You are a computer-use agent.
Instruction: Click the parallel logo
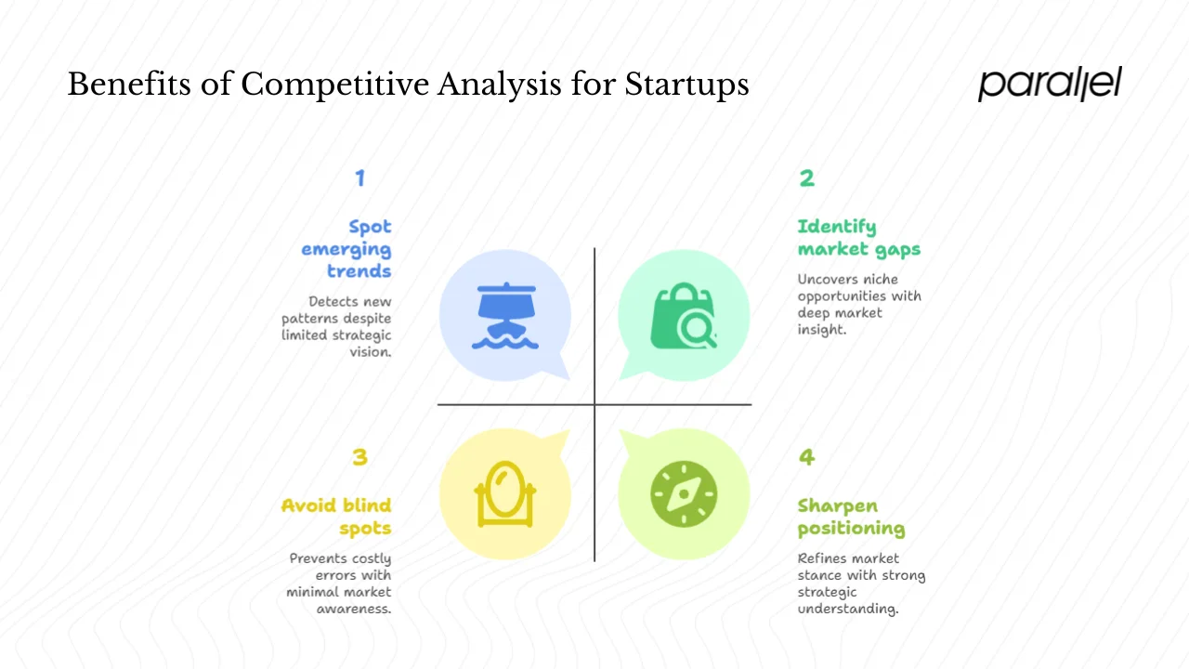coord(1050,84)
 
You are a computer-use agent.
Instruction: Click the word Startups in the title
coord(686,85)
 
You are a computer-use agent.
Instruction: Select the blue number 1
coord(360,177)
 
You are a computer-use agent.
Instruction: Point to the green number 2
coord(806,177)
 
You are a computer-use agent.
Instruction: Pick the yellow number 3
coord(360,456)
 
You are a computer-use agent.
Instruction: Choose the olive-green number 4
coord(806,456)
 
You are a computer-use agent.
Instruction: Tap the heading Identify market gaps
coord(858,238)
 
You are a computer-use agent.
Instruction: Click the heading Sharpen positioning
coord(850,517)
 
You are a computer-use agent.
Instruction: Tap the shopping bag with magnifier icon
coord(684,317)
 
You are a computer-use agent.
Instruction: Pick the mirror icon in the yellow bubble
coord(505,493)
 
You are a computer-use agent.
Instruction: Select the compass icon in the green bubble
coord(684,493)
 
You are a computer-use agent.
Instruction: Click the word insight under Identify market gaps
coord(822,330)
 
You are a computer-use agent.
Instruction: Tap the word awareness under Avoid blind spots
coord(353,610)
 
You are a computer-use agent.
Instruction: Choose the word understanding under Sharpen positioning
coord(848,610)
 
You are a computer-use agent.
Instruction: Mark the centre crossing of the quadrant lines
coord(594,405)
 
